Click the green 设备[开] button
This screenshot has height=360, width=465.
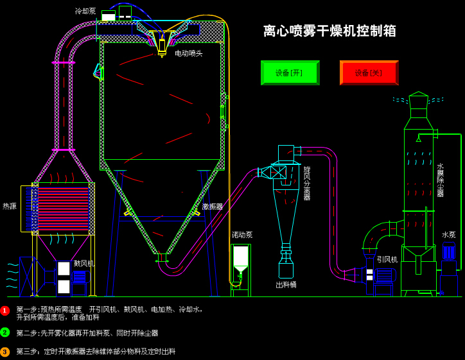[x=290, y=73]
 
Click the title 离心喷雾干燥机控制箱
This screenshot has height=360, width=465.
[x=329, y=31]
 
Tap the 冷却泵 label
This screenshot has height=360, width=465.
[x=85, y=11]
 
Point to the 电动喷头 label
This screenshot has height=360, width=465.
[x=188, y=53]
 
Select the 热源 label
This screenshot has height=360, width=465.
[x=10, y=207]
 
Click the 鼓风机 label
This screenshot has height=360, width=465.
[x=84, y=263]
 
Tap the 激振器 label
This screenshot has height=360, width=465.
[x=213, y=207]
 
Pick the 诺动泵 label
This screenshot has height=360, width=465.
[x=242, y=235]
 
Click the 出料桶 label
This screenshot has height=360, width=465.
[x=286, y=285]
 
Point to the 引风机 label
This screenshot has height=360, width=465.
[x=387, y=259]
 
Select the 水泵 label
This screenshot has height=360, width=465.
[x=448, y=235]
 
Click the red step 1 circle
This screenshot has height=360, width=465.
[x=5, y=311]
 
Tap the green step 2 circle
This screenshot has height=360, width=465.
[x=5, y=332]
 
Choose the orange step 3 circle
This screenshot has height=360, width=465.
[x=5, y=352]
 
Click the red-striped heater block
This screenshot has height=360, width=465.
[x=63, y=209]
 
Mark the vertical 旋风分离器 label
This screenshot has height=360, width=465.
[x=307, y=184]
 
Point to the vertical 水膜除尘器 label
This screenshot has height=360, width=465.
[x=440, y=180]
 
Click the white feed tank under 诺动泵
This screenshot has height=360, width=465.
[x=240, y=256]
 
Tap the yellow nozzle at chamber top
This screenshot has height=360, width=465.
[x=162, y=46]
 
